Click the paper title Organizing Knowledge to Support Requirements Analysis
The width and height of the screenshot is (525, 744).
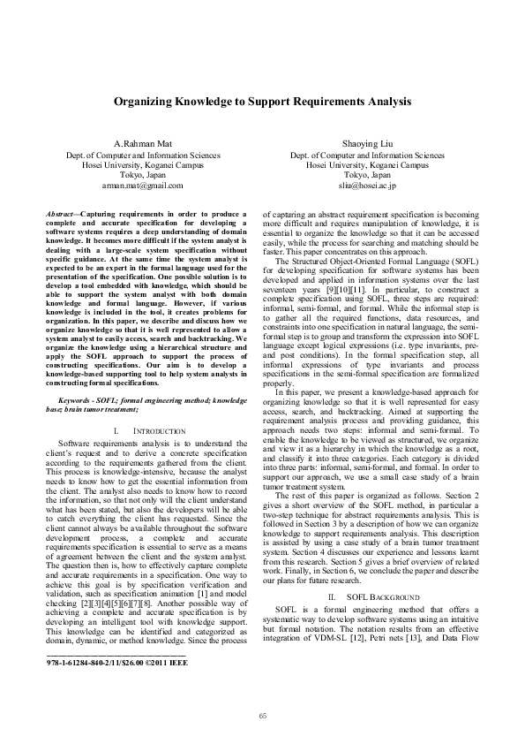pyautogui.click(x=262, y=102)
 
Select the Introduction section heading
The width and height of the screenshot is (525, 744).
pyautogui.click(x=159, y=430)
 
